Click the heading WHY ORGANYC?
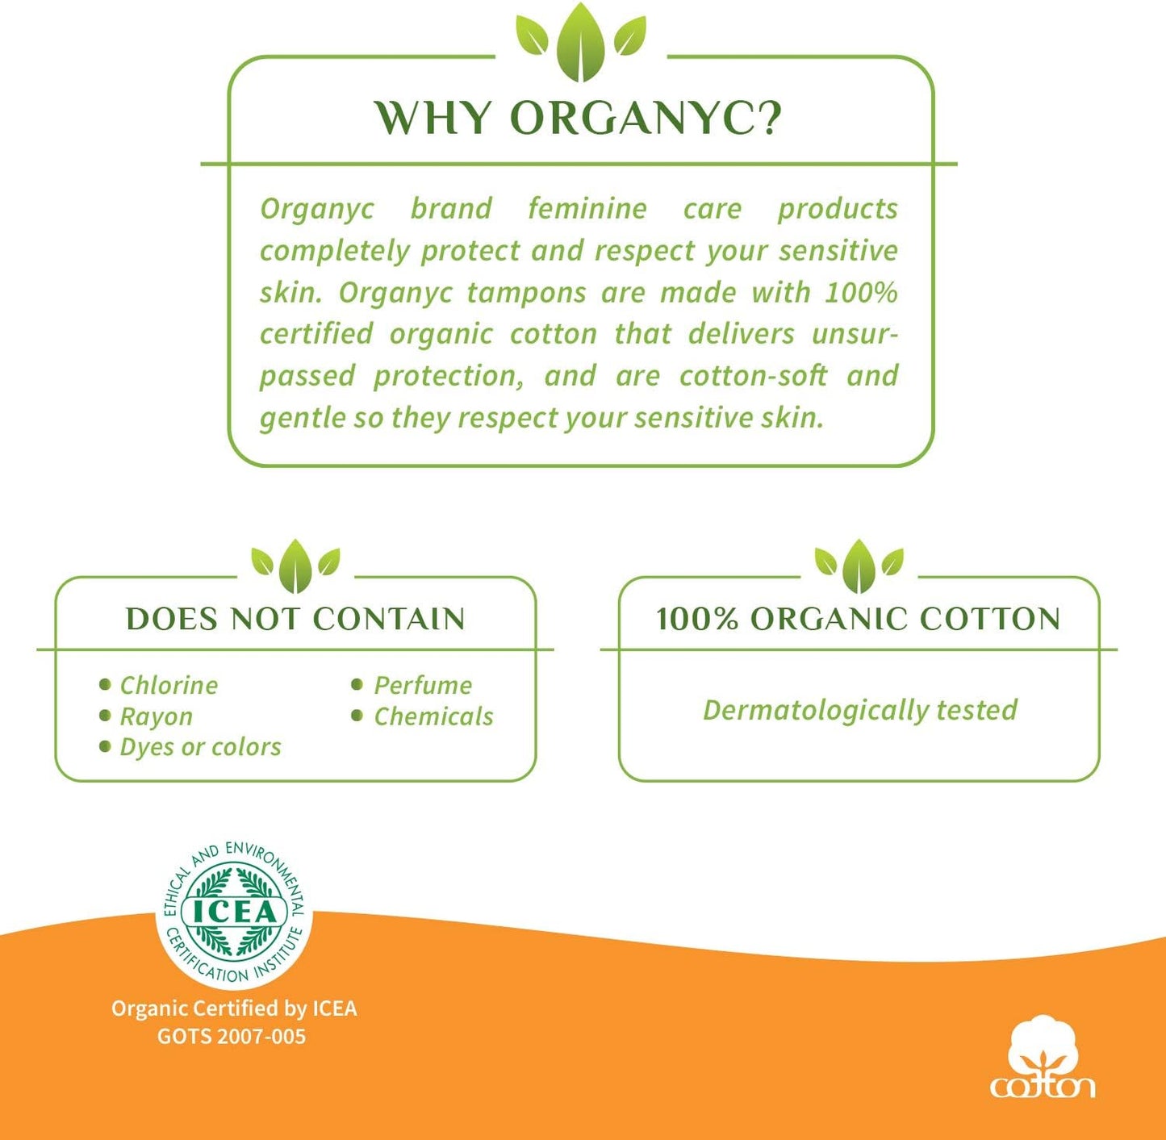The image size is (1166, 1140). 579,118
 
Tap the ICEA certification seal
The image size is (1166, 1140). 234,912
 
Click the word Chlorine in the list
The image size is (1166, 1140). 169,685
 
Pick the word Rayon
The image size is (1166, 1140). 157,716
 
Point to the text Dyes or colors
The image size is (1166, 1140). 200,747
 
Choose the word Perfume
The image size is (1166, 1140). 423,685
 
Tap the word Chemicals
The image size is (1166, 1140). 433,716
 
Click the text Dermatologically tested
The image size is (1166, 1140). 859,710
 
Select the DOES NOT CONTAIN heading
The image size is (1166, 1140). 295,619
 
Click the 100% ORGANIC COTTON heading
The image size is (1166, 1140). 858,619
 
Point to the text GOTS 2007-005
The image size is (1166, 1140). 232,1036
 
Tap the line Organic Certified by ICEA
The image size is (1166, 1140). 234,1008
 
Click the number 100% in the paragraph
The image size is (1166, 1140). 861,292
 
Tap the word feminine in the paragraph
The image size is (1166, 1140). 587,208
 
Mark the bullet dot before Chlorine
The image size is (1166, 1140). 105,685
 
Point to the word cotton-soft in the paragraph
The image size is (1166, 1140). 753,376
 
